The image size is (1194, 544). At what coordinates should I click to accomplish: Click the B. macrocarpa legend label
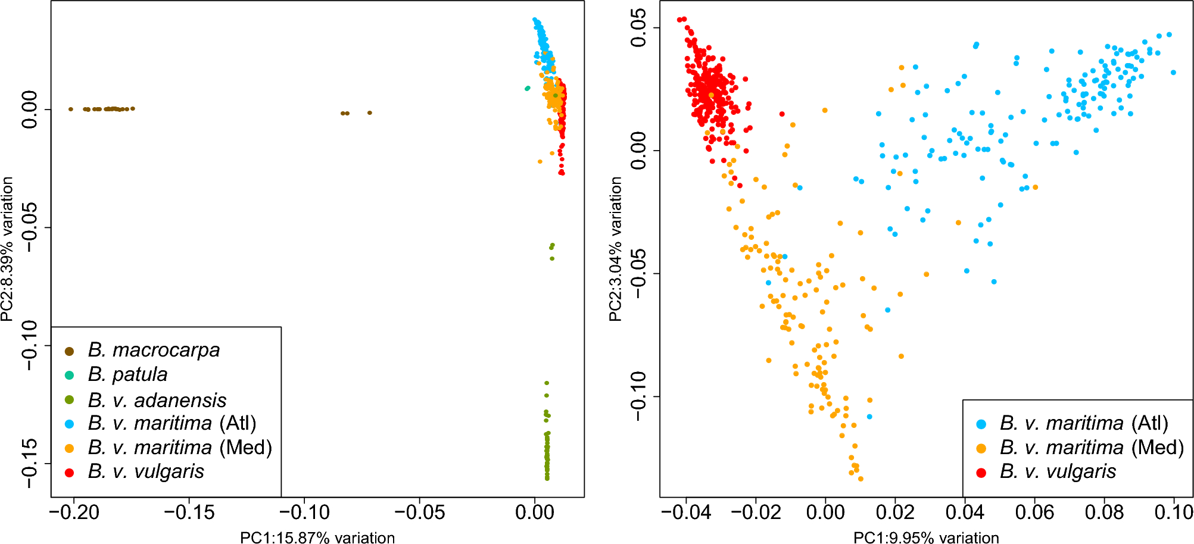[154, 350]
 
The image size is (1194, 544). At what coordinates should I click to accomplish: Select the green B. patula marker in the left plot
[527, 89]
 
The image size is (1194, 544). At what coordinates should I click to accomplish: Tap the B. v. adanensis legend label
[157, 400]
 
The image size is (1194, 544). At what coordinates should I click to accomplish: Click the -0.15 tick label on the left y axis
[29, 464]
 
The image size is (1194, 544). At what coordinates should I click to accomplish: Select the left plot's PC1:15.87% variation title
[317, 537]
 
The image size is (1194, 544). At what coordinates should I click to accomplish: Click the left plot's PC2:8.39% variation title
[7, 249]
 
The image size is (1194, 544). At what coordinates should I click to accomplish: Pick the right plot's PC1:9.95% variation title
[926, 537]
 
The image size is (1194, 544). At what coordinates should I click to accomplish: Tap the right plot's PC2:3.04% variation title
[615, 249]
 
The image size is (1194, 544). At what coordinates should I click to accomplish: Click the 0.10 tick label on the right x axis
[1173, 512]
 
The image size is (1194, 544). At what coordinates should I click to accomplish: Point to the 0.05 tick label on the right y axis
[638, 28]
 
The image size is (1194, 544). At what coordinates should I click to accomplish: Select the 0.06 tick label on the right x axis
[1034, 512]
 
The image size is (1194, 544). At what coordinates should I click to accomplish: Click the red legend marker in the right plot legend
[981, 473]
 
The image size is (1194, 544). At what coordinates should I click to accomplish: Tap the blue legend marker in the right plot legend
[981, 424]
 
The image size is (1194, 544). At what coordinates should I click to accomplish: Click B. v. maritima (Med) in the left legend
[180, 448]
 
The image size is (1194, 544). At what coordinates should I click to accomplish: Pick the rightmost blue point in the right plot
[1173, 73]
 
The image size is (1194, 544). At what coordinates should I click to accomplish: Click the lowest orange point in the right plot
[860, 479]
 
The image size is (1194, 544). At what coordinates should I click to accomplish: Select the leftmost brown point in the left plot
[71, 109]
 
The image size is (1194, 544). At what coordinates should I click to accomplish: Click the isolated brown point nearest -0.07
[369, 112]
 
